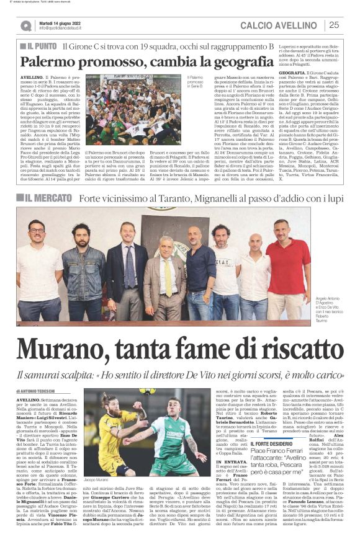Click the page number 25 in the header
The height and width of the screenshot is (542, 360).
point(334,25)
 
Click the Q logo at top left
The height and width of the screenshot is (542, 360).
point(26,25)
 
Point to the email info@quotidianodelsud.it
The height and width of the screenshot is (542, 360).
point(66,29)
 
